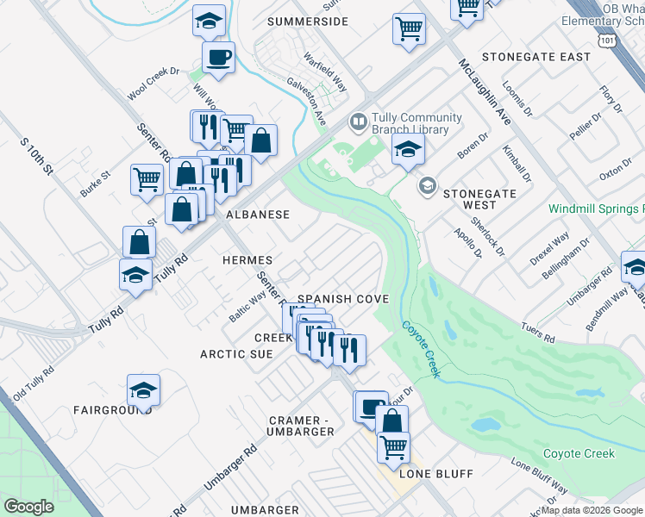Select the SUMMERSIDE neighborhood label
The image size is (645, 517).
tap(308, 21)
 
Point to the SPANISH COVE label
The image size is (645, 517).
tap(344, 299)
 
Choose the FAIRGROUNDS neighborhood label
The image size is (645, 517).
tap(113, 410)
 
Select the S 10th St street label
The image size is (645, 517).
tap(37, 154)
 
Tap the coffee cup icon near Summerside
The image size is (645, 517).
tap(218, 58)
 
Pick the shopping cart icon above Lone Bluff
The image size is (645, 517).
tap(393, 446)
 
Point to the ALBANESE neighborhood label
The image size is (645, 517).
tap(257, 214)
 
